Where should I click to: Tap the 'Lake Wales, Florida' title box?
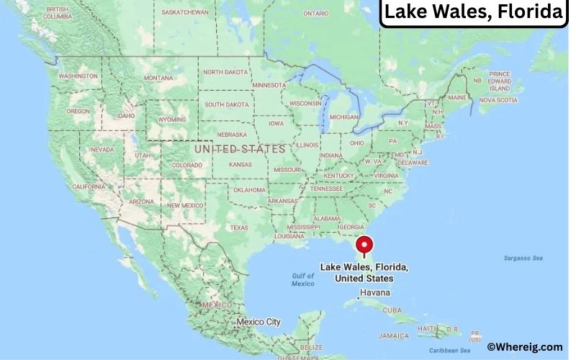(473, 13)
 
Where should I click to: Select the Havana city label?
(374, 293)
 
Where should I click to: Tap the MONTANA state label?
(158, 78)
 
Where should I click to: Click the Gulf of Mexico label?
(303, 280)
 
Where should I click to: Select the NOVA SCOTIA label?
(498, 100)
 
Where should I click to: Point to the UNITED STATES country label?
(240, 148)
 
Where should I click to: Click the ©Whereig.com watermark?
(524, 347)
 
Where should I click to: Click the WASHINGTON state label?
(78, 76)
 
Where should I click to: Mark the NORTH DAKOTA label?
(226, 72)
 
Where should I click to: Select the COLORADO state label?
(186, 165)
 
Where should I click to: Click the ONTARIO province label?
(315, 14)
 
